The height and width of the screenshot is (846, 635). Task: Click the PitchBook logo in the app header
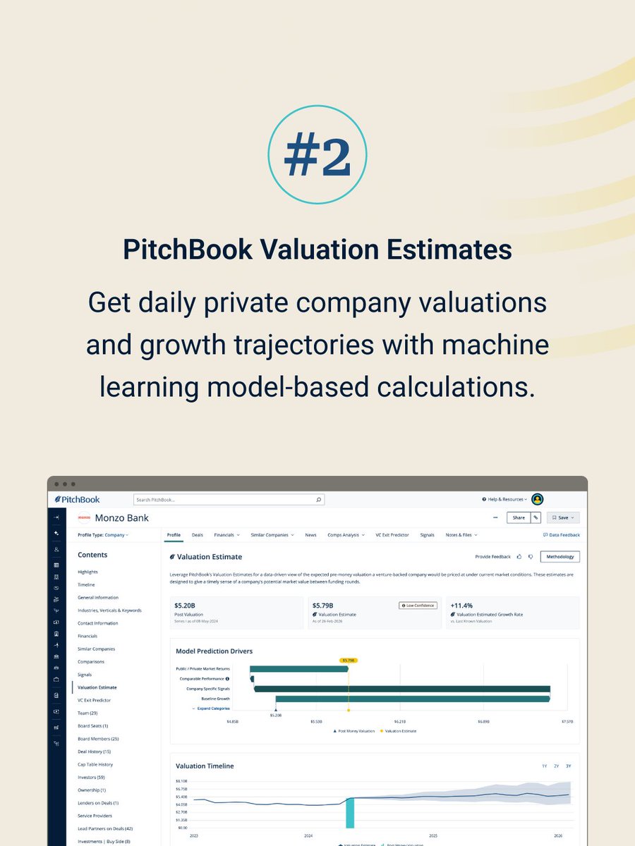coord(77,499)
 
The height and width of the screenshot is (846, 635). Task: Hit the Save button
coord(562,517)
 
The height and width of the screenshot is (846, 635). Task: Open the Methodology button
coord(560,557)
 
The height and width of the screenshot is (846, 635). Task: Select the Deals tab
coord(197,535)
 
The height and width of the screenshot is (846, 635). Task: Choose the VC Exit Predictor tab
coord(392,535)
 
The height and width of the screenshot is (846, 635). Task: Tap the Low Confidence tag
coord(418,606)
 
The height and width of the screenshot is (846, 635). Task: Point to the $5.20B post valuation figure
coord(185,605)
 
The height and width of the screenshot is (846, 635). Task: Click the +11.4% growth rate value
coord(463,605)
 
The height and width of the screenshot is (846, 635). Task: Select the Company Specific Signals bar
coord(402,689)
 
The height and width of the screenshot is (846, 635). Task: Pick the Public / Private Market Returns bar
coord(299,668)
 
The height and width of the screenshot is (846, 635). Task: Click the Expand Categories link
coord(212,709)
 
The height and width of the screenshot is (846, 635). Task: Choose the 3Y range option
coord(568,766)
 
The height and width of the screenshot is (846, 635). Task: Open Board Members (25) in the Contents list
coord(98,739)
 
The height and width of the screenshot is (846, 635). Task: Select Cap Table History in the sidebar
coord(95,764)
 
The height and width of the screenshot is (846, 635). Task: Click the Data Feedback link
coord(562,535)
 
